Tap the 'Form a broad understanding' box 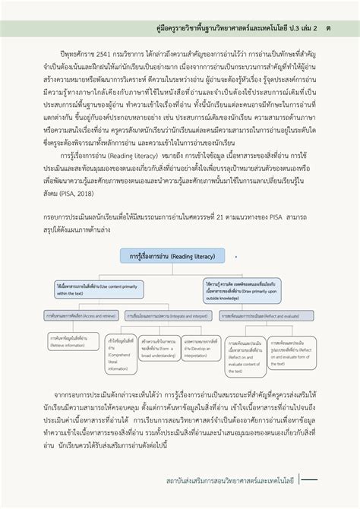157,349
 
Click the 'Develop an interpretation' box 199,349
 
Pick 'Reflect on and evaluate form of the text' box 291,353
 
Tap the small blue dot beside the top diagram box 236,258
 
